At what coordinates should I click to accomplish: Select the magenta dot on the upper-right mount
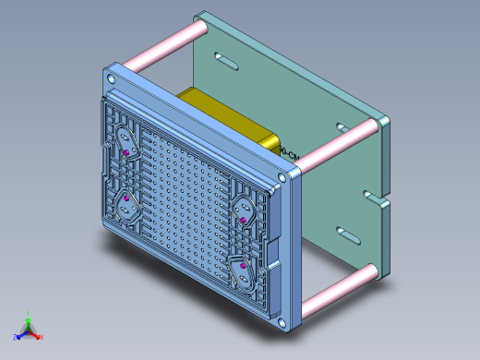point(244,221)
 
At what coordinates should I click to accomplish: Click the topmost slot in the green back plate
point(224,61)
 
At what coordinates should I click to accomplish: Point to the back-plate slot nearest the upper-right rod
point(342,126)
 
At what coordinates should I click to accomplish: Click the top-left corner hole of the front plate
point(113,80)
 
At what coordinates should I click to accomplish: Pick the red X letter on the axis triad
point(42,337)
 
